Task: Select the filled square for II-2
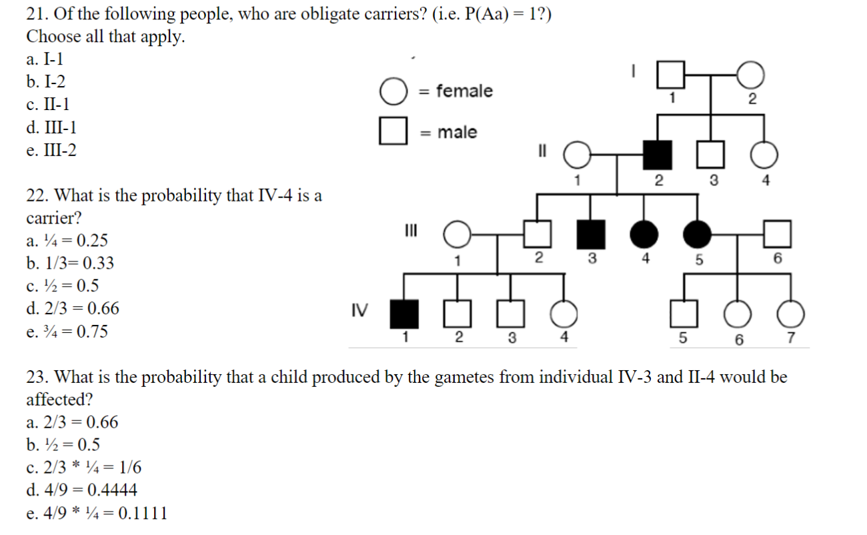pyautogui.click(x=657, y=155)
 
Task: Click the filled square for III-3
pyautogui.click(x=591, y=234)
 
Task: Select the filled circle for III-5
pyautogui.click(x=697, y=234)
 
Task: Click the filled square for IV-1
pyautogui.click(x=404, y=314)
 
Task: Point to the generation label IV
pyautogui.click(x=359, y=310)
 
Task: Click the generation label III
pyautogui.click(x=411, y=230)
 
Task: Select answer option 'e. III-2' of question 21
pyautogui.click(x=51, y=150)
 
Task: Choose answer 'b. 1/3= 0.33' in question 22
pyautogui.click(x=70, y=263)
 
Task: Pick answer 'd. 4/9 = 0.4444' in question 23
pyautogui.click(x=81, y=490)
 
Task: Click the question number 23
pyautogui.click(x=37, y=377)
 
